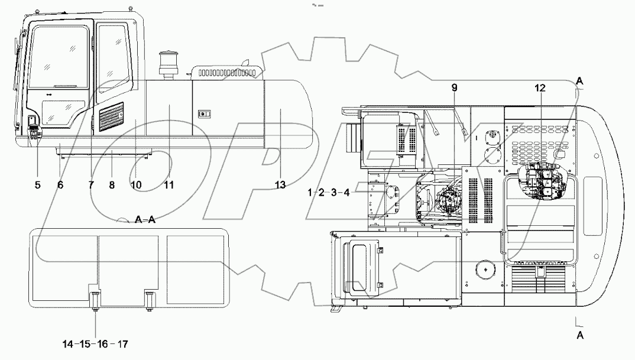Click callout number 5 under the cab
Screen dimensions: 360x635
(x=37, y=185)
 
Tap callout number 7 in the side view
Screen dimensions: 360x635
(x=91, y=185)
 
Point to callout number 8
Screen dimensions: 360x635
(x=112, y=185)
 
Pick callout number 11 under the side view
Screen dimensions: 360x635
(x=169, y=185)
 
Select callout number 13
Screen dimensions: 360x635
(x=280, y=185)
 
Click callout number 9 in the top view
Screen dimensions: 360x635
(x=455, y=87)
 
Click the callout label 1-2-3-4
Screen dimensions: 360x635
(x=329, y=192)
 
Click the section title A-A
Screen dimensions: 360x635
(x=145, y=219)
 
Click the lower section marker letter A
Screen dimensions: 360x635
(x=580, y=335)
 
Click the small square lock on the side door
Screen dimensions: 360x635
(x=203, y=113)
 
